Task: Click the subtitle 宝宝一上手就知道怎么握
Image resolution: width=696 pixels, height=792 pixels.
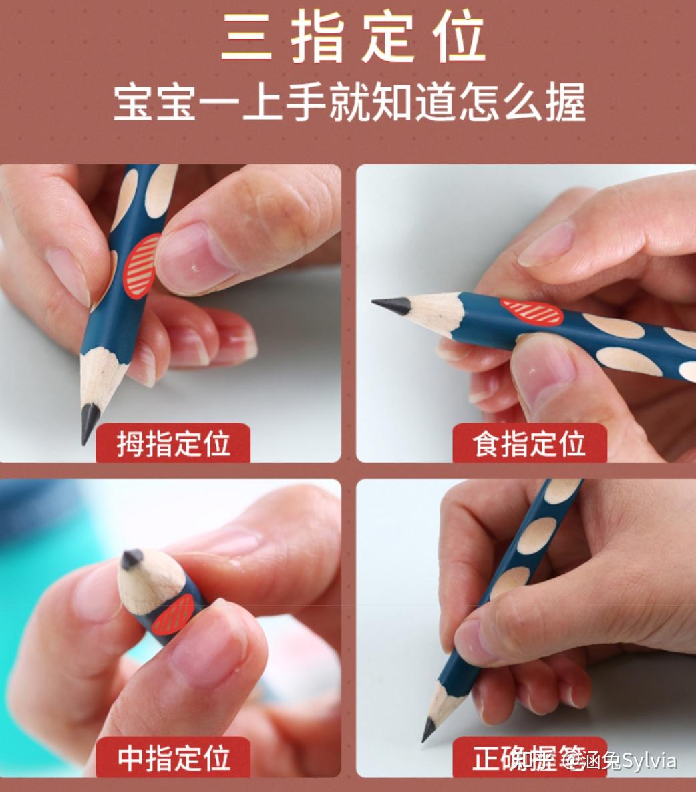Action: (x=349, y=103)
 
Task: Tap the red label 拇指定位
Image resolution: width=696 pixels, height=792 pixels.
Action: (x=173, y=443)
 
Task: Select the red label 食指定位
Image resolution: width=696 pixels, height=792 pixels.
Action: (x=529, y=443)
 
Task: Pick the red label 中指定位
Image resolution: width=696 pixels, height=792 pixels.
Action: (x=173, y=757)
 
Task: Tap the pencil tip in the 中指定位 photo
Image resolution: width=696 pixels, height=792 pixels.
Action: (x=132, y=558)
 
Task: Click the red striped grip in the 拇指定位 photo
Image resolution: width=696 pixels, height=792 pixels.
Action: (x=142, y=266)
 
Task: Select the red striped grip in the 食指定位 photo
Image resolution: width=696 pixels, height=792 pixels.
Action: (x=532, y=312)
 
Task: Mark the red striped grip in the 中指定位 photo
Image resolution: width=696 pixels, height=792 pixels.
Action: (x=174, y=614)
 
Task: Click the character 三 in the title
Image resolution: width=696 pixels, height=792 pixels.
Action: (x=246, y=39)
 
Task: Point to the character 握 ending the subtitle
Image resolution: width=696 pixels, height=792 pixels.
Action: (x=565, y=103)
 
